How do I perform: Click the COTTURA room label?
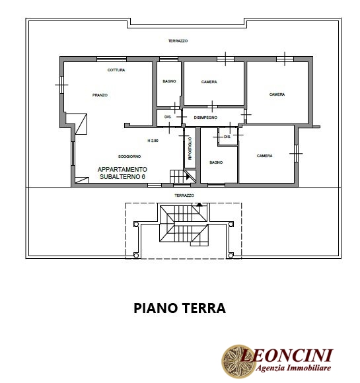pyautogui.click(x=116, y=70)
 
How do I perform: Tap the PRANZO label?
pyautogui.click(x=100, y=95)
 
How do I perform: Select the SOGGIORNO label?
pyautogui.click(x=129, y=157)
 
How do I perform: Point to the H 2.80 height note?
pyautogui.click(x=153, y=141)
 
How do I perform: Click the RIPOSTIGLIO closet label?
pyautogui.click(x=190, y=149)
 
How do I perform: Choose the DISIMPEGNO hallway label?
pyautogui.click(x=205, y=118)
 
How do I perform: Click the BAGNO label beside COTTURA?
pyautogui.click(x=169, y=81)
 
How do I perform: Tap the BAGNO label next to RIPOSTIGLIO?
pyautogui.click(x=216, y=162)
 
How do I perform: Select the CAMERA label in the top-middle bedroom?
pyautogui.click(x=209, y=82)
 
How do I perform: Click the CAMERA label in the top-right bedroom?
pyautogui.click(x=277, y=94)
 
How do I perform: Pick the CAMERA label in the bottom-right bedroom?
pyautogui.click(x=264, y=156)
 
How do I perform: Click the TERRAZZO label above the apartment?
pyautogui.click(x=178, y=41)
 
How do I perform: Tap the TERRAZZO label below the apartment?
pyautogui.click(x=184, y=195)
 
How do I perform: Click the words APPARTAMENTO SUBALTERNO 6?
pyautogui.click(x=122, y=173)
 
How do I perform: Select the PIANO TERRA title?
pyautogui.click(x=180, y=308)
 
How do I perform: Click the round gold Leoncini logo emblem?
pyautogui.click(x=237, y=361)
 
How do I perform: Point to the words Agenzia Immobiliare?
pyautogui.click(x=293, y=368)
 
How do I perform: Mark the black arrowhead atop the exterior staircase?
pyautogui.click(x=199, y=205)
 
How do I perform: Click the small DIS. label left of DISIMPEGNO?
pyautogui.click(x=168, y=117)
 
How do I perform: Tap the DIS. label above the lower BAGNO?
pyautogui.click(x=227, y=137)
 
